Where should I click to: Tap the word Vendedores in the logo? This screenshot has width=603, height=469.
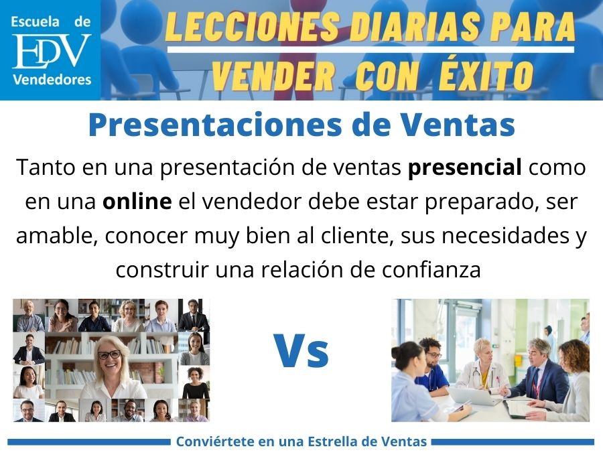tap(52, 80)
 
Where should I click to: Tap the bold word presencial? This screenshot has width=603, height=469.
tap(466, 167)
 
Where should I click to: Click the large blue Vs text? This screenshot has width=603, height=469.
tap(301, 352)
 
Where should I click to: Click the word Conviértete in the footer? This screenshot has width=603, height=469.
tap(212, 442)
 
